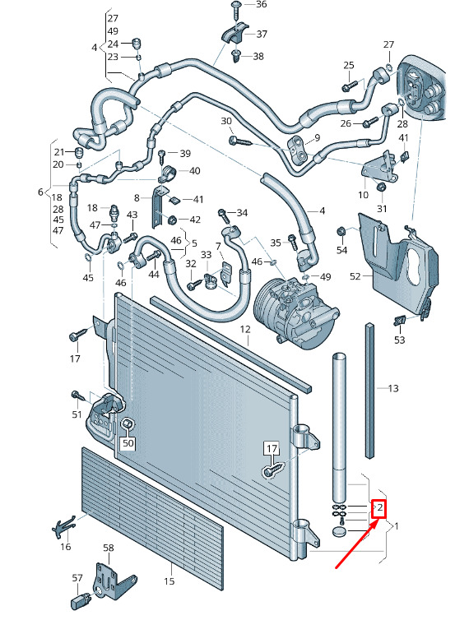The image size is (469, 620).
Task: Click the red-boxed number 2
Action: point(379,507)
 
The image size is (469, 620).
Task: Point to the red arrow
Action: point(357,544)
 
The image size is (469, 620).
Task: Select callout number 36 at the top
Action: point(261,5)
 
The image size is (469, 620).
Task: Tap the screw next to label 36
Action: point(237,10)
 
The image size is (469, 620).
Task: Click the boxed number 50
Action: point(128,443)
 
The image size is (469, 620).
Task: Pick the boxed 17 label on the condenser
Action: point(272,449)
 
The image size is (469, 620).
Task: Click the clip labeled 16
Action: point(63,526)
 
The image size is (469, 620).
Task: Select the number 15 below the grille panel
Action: point(169,581)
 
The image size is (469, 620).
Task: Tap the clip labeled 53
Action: point(400,321)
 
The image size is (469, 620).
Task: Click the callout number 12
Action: point(245,329)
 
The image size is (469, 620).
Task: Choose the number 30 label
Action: point(226,121)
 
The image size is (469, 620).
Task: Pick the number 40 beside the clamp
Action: point(195,171)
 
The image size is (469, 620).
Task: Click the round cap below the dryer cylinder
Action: point(340,532)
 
